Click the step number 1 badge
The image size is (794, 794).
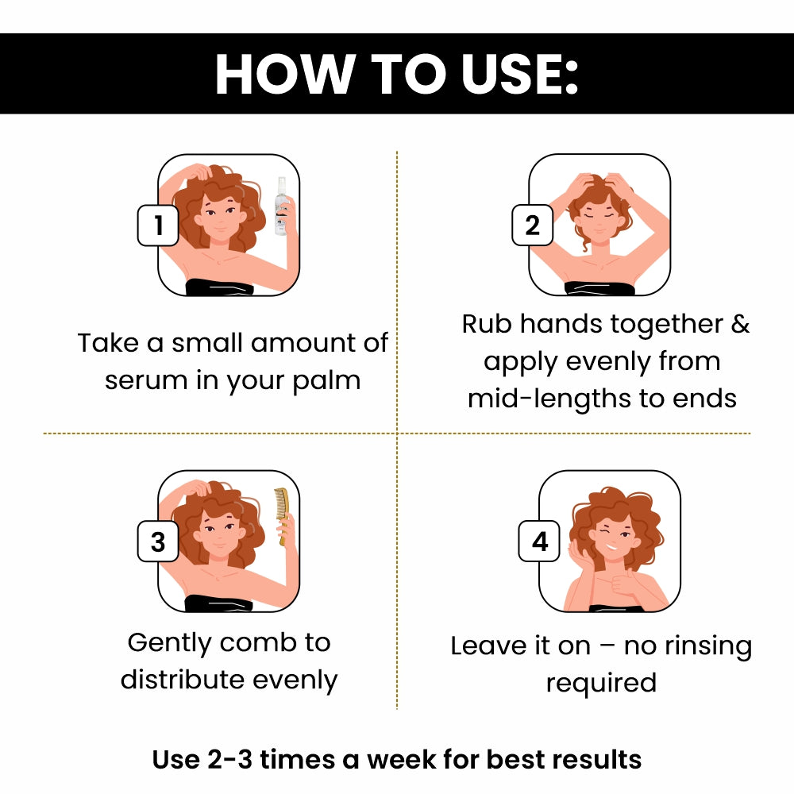[158, 225]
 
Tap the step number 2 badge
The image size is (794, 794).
[532, 225]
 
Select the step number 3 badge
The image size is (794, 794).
[158, 542]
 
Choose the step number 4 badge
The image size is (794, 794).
[540, 542]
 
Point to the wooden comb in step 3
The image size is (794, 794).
[280, 516]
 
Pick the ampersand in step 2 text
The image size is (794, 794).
[740, 325]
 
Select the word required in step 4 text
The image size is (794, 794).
[601, 683]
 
